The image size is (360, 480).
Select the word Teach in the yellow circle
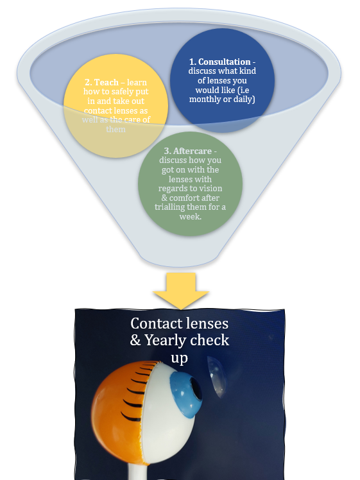(105, 83)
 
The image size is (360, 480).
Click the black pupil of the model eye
(196, 390)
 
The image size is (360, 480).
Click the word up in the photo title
(179, 357)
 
